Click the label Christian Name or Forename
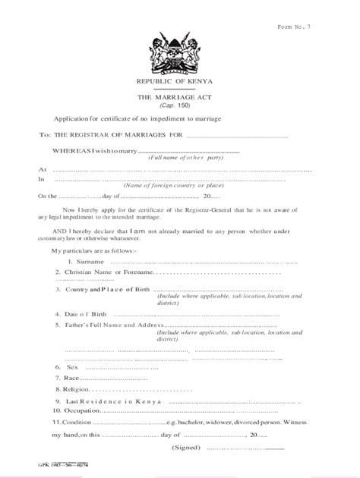tap(106, 271)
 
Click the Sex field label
tap(73, 366)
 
